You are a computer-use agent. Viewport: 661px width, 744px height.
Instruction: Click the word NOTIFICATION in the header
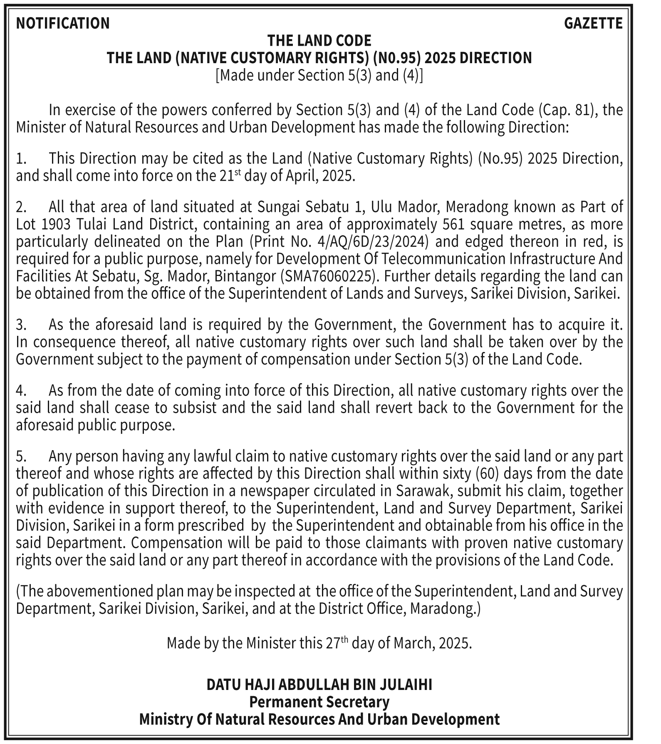pos(63,23)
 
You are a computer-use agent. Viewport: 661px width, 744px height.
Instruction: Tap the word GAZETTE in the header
pos(593,23)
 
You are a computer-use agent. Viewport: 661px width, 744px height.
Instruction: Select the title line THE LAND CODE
pos(319,41)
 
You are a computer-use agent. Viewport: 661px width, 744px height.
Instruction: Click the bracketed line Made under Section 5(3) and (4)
pos(319,76)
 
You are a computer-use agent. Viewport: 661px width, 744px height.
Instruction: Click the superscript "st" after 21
pos(237,172)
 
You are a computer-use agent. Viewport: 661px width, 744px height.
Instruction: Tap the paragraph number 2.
pos(21,207)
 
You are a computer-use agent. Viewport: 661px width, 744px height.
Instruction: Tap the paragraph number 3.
pos(21,325)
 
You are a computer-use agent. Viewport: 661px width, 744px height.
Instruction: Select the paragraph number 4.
pos(21,391)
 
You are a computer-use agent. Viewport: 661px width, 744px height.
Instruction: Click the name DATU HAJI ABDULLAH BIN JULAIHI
pos(319,685)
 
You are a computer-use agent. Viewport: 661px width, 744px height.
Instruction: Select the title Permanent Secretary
pos(319,702)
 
